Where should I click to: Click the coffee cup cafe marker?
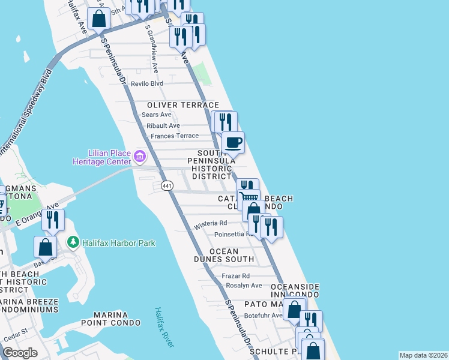[233, 143]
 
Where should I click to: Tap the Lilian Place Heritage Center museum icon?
[140, 157]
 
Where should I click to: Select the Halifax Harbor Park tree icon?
[74, 242]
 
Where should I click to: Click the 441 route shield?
[167, 187]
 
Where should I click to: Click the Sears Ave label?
[157, 114]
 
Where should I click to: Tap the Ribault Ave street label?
[163, 125]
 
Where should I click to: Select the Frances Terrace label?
[174, 136]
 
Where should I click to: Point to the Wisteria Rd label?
[208, 226]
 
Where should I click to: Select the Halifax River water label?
[163, 328]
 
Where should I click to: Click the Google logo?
[20, 353]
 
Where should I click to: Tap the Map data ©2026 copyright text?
[423, 355]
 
